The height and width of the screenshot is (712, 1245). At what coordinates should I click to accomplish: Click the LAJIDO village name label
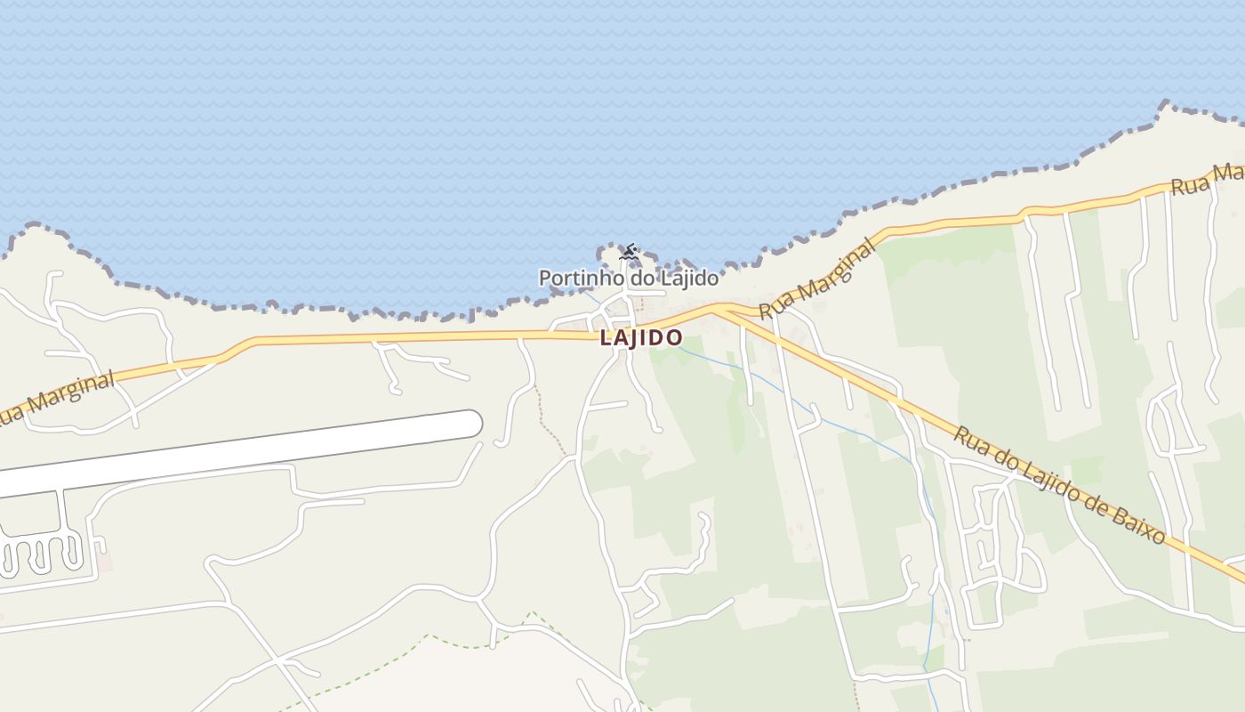tap(640, 338)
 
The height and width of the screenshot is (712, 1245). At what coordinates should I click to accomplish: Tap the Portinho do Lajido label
tap(628, 278)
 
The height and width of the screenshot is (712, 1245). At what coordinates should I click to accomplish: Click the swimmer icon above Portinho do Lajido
tap(629, 253)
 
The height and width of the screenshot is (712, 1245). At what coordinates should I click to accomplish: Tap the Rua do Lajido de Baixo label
tap(1058, 485)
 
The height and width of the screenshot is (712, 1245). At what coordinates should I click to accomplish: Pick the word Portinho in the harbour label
tap(572, 278)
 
